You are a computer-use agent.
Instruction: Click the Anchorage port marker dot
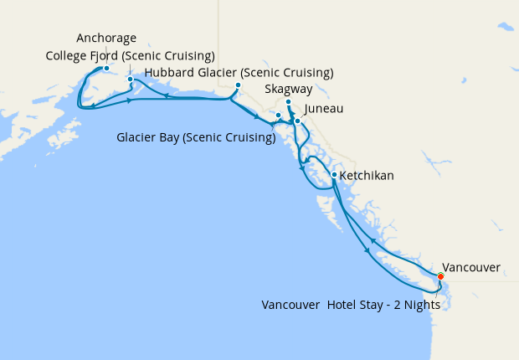[x=106, y=69]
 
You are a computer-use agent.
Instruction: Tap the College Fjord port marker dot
[x=130, y=80]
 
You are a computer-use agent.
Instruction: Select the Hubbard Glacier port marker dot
[x=238, y=85]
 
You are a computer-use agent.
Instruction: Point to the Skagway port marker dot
[x=288, y=103]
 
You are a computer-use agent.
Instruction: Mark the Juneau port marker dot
[x=297, y=121]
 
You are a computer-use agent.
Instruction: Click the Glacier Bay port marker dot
[x=278, y=116]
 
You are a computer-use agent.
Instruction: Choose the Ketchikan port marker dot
[x=334, y=175]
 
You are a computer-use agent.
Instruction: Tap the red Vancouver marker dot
[x=441, y=275]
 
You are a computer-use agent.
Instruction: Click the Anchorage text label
[x=106, y=38]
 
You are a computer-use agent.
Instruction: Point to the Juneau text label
[x=324, y=109]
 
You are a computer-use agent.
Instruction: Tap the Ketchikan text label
[x=367, y=177]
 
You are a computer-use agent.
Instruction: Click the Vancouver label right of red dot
[x=471, y=268]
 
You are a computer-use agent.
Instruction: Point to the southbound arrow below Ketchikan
[x=367, y=249]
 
